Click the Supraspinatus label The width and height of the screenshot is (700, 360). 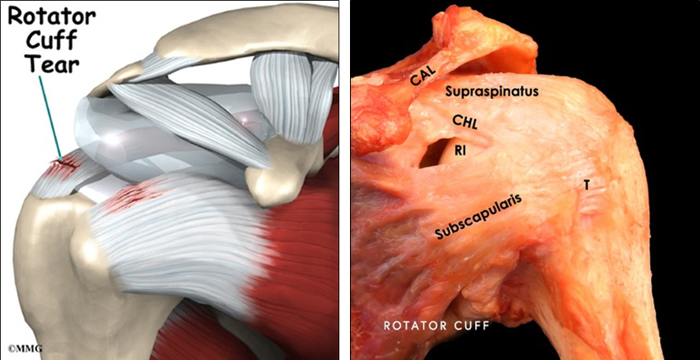[492, 92]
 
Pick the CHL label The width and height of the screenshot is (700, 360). [464, 120]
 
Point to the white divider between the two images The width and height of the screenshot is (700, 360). [345, 180]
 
